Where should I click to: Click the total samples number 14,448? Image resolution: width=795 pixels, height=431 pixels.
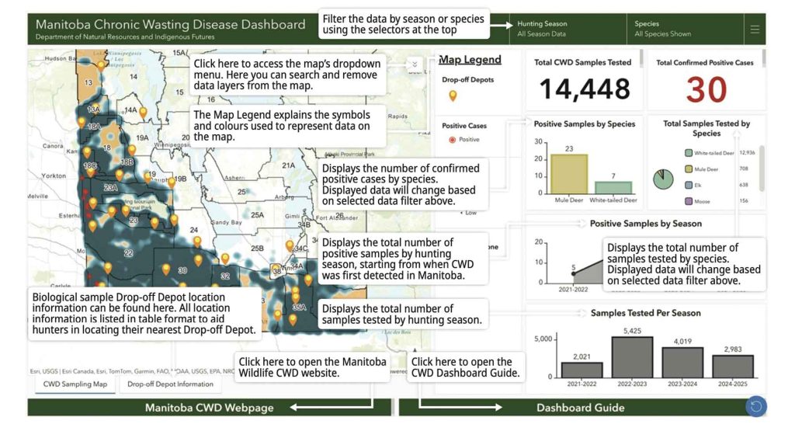pyautogui.click(x=585, y=89)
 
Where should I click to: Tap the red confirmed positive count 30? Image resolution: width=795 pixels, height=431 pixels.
pyautogui.click(x=705, y=91)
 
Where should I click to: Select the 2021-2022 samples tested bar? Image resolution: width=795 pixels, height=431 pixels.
pyautogui.click(x=581, y=370)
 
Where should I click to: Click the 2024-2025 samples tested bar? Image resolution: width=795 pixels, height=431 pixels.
pyautogui.click(x=732, y=366)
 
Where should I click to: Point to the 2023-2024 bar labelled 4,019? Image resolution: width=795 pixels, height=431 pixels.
pyautogui.click(x=682, y=362)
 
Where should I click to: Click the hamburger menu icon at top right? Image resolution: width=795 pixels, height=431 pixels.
pyautogui.click(x=755, y=30)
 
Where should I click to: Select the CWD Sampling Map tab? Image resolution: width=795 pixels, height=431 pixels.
pyautogui.click(x=75, y=384)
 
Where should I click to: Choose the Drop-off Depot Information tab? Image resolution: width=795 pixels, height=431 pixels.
pyautogui.click(x=170, y=384)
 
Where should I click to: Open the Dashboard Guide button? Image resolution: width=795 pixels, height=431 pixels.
pyautogui.click(x=580, y=408)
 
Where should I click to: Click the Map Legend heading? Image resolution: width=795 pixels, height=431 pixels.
pyautogui.click(x=470, y=60)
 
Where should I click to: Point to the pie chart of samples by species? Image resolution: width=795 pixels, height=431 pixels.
pyautogui.click(x=663, y=179)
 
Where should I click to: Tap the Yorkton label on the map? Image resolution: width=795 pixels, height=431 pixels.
pyautogui.click(x=54, y=176)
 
